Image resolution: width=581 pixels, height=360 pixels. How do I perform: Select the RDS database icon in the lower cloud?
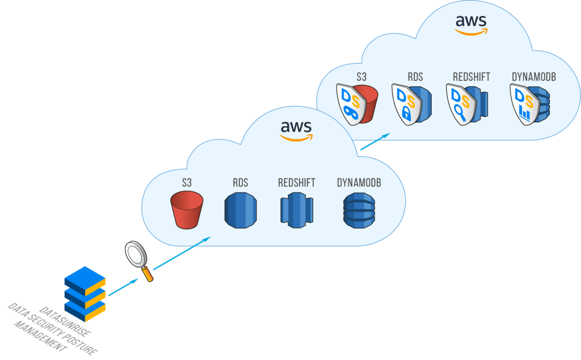[x=241, y=210]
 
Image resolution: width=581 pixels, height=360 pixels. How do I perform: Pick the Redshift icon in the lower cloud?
[x=296, y=210]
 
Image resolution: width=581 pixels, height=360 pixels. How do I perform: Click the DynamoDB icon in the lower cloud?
[x=358, y=210]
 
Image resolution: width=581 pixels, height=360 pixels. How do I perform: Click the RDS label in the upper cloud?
[x=415, y=77]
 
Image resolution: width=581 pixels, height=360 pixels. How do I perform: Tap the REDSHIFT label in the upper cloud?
[x=471, y=77]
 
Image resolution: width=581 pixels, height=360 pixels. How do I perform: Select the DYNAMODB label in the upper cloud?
[x=533, y=77]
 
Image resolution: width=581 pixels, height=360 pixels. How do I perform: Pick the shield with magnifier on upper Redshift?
[x=460, y=104]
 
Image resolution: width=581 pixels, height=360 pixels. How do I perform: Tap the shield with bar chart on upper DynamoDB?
[x=523, y=104]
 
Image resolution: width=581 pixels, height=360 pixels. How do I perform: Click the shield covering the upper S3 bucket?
[x=351, y=104]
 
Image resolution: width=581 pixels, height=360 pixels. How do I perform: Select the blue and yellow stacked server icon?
[x=85, y=291]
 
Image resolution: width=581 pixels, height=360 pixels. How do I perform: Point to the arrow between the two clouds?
[x=374, y=143]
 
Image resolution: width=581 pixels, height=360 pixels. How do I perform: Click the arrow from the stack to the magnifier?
[x=122, y=287]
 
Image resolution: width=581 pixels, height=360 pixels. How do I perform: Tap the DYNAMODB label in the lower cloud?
[x=359, y=183]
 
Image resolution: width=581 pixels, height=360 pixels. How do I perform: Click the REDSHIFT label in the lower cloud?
[x=297, y=183]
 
